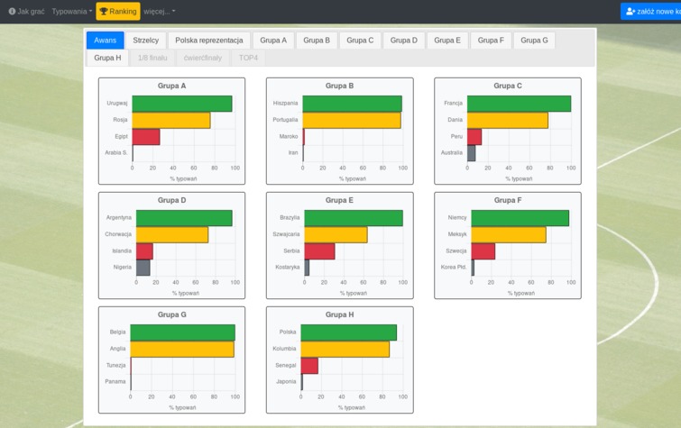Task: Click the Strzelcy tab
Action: pos(145,41)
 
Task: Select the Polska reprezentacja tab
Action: pos(208,41)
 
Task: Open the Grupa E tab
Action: pos(446,41)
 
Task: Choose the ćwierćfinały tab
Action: pos(202,58)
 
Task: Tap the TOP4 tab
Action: pos(248,58)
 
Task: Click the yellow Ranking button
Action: pos(118,12)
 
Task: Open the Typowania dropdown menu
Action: pos(71,12)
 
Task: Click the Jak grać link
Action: pos(26,12)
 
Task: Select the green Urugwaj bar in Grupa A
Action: pos(181,104)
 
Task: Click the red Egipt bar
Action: pos(146,137)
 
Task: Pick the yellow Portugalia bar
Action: pos(351,121)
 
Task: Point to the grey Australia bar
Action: pos(471,153)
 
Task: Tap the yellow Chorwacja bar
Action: pos(171,234)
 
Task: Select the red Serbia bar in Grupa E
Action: pos(319,251)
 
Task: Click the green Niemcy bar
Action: pos(520,218)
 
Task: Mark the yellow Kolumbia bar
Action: pos(345,349)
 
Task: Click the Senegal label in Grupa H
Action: pos(286,366)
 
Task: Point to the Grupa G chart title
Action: pos(171,315)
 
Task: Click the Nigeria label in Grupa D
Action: pos(123,268)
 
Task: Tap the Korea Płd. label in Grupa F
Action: pos(454,268)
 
